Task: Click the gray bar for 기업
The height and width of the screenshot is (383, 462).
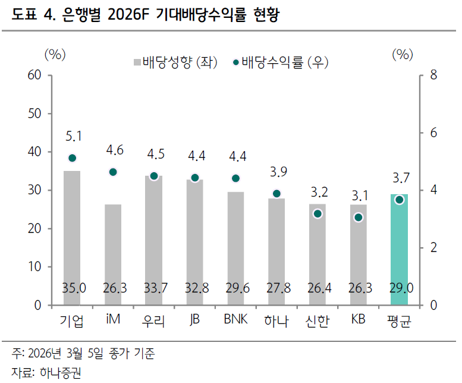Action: [72, 238]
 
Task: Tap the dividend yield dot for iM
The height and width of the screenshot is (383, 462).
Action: [113, 172]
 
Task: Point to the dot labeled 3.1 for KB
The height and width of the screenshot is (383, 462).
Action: [358, 217]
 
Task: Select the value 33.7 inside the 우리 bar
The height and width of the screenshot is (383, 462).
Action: [154, 289]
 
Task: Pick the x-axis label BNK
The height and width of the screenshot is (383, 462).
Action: [235, 320]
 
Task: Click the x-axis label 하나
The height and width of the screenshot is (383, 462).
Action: [276, 321]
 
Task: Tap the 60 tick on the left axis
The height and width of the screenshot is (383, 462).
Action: [35, 76]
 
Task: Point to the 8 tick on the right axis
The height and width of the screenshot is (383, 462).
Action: [433, 76]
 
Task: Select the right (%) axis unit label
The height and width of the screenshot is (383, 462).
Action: [403, 54]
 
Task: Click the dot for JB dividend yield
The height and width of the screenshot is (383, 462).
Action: [194, 178]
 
